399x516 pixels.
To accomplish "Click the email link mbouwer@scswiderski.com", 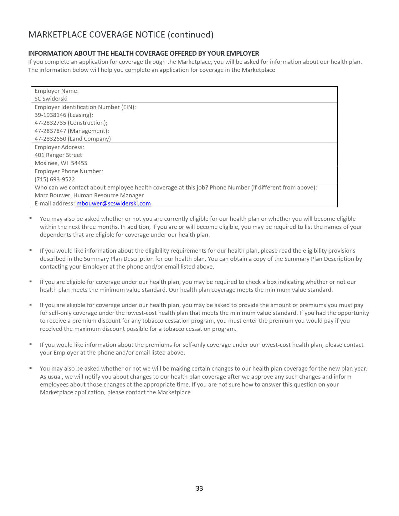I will (113, 204).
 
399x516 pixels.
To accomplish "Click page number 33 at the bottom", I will (199, 488).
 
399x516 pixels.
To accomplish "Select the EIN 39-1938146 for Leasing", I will (50, 115).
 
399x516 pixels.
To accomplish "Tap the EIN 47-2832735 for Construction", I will (50, 123).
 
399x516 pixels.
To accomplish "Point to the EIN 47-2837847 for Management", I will (50, 131).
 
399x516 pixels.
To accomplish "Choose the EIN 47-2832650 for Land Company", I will (50, 139).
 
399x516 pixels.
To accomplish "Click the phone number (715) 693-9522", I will (55, 180).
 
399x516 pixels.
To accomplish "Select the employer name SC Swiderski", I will (51, 99).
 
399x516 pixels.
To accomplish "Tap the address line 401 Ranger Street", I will (58, 155).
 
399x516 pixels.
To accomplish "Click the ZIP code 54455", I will (79, 163).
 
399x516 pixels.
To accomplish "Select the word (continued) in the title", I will (191, 35).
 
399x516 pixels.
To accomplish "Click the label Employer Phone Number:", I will (69, 171).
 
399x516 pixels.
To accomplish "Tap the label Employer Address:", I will (59, 147).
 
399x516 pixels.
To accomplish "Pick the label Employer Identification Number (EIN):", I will (85, 107).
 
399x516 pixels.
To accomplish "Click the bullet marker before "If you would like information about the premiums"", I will (31, 344).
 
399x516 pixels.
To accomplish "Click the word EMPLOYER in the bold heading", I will (243, 53).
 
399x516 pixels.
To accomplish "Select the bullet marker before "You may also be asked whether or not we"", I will (31, 368).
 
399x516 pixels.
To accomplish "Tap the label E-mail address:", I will (55, 204).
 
